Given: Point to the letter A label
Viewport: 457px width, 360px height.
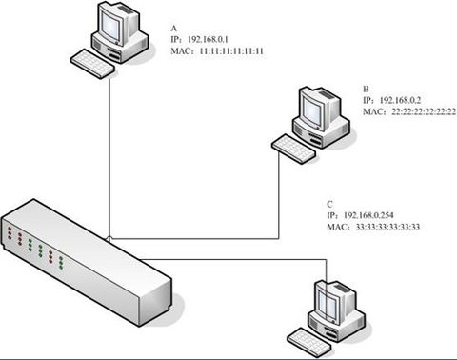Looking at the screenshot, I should (173, 28).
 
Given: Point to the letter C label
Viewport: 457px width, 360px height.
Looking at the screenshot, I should (328, 204).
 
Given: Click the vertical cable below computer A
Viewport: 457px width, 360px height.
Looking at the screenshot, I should (109, 152).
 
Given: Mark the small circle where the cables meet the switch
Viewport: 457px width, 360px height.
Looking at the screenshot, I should (109, 236).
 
